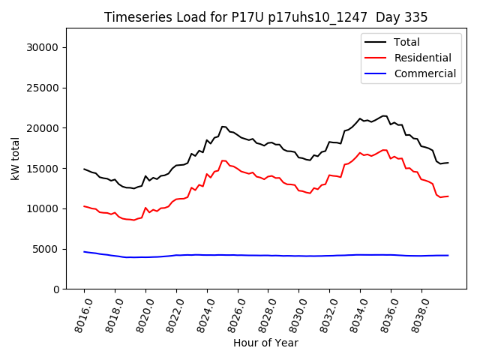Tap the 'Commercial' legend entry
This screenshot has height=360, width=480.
[424, 73]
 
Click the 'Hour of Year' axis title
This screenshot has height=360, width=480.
[265, 343]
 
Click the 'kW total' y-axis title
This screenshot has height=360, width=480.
[15, 158]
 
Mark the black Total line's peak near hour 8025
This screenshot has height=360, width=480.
[223, 127]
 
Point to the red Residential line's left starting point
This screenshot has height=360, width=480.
[84, 205]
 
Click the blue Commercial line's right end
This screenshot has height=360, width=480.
[448, 255]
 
